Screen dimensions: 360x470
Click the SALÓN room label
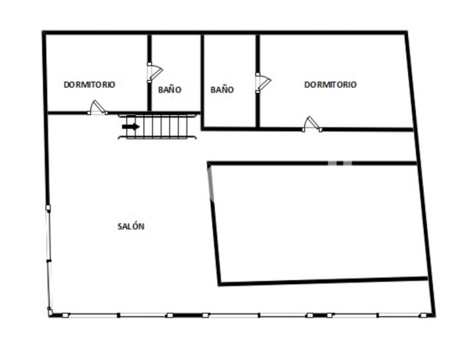point(131,226)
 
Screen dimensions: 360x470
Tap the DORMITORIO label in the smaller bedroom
point(89,85)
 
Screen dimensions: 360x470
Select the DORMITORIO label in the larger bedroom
point(330,85)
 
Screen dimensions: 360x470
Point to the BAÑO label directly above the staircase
point(169,90)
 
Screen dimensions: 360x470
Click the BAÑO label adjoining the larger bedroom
point(222,90)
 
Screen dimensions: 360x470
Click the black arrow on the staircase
point(130,126)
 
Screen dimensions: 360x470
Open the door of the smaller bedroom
point(97,108)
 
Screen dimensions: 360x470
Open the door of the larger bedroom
point(312,123)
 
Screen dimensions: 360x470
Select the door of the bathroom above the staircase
point(154,71)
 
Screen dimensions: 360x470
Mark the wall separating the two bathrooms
point(202,78)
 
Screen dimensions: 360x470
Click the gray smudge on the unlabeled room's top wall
point(339,162)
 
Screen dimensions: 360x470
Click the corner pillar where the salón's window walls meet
point(50,312)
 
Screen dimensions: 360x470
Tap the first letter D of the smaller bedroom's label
point(66,85)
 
